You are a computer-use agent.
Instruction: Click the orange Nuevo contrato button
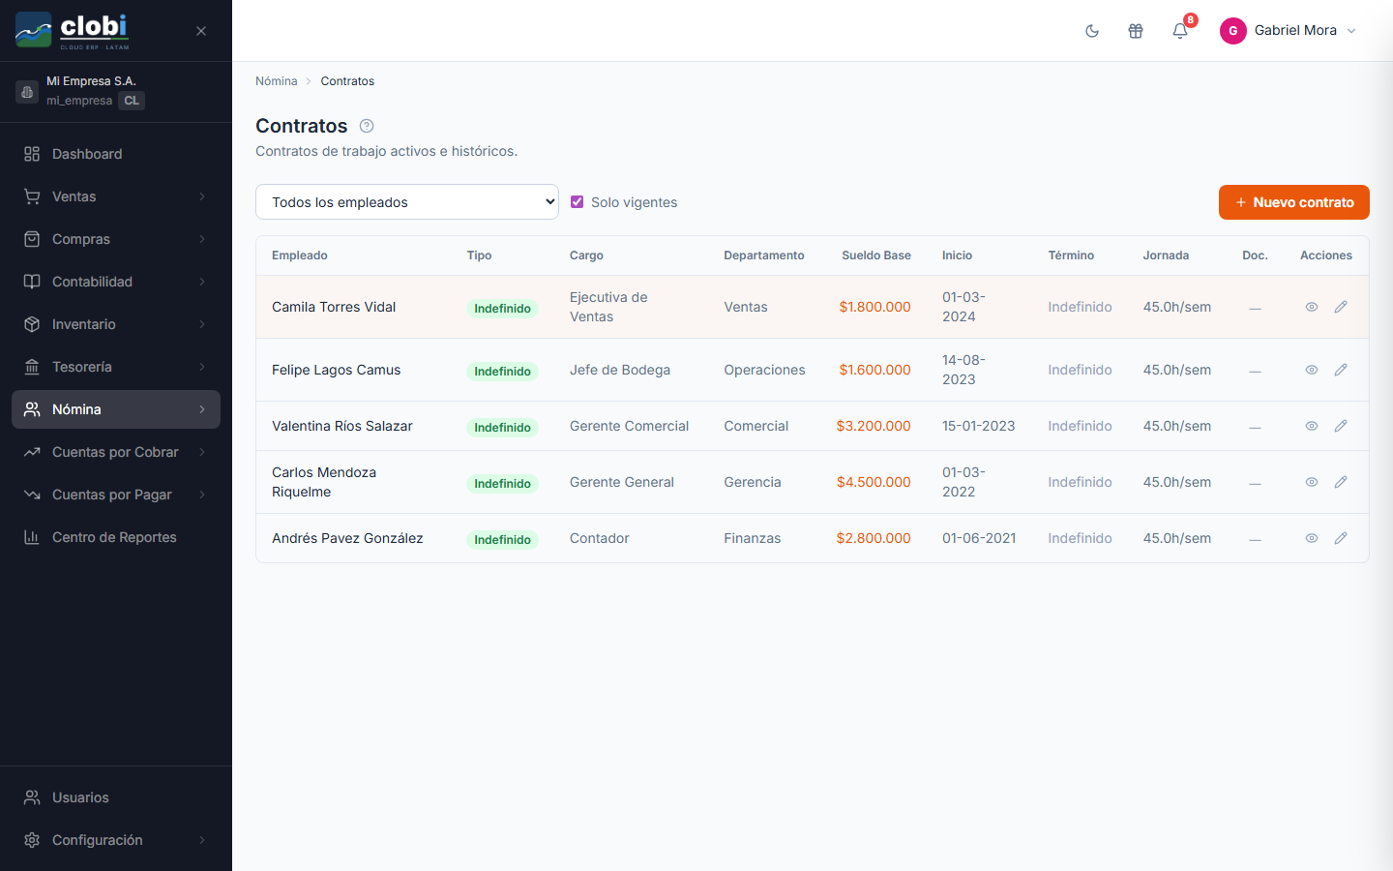(1293, 202)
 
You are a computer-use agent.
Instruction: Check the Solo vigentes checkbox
(578, 202)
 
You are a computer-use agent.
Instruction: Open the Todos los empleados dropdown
(406, 202)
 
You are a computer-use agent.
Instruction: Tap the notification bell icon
(1180, 31)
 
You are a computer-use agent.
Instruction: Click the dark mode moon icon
(1092, 31)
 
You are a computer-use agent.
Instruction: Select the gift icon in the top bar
(1136, 31)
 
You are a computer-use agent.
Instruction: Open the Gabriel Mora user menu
(1288, 31)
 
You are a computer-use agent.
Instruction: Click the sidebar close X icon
(201, 31)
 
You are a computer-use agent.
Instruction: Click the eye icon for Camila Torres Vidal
(1312, 307)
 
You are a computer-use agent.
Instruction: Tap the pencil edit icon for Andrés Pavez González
(1341, 538)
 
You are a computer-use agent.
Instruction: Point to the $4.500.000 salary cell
(874, 482)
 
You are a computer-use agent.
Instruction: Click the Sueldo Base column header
(876, 255)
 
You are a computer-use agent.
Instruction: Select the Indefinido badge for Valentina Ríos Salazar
(502, 428)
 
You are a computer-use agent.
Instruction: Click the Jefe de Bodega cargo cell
(620, 370)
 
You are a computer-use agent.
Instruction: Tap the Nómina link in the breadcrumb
(276, 81)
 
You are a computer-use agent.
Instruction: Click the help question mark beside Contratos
(367, 126)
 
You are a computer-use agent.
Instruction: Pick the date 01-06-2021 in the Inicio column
(979, 538)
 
